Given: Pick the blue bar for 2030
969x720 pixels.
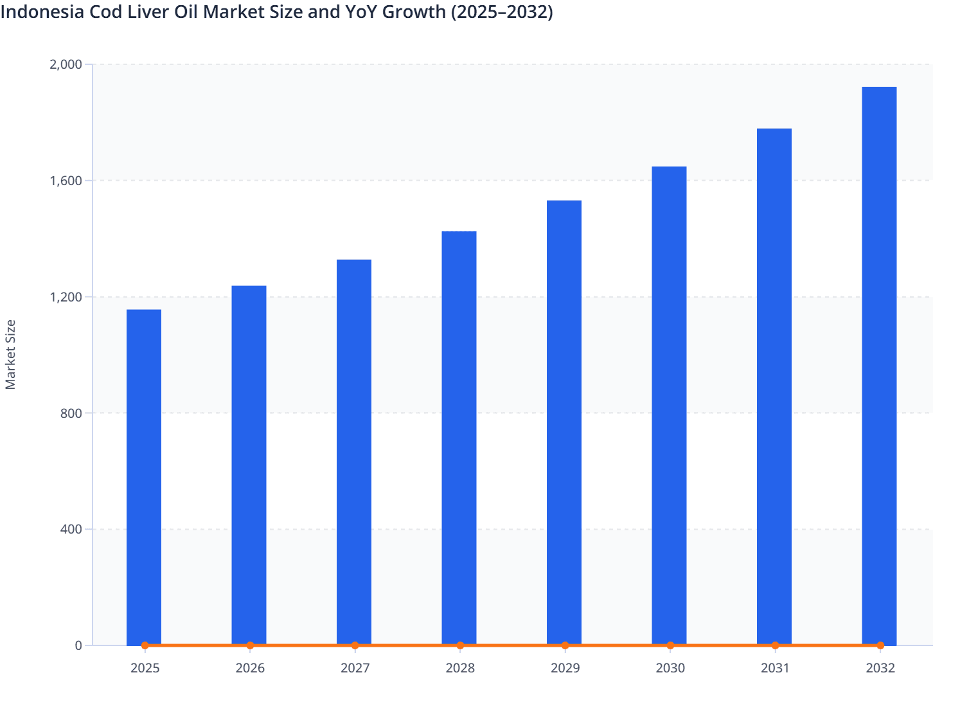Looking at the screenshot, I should pos(669,406).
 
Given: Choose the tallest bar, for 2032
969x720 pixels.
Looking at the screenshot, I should pos(879,366).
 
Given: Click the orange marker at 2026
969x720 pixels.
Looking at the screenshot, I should pos(250,645).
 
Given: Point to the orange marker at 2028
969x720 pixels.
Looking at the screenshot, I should pos(460,645).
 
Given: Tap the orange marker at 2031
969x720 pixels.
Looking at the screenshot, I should pos(775,645).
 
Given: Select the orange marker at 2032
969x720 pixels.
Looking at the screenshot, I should pos(880,645).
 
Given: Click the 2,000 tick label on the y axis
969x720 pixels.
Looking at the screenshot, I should pos(66,64).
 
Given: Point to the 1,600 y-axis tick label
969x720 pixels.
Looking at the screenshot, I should pos(66,181).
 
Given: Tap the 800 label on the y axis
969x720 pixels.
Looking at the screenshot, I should pos(71,413).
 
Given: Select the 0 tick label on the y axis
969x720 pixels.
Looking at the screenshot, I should pos(78,645).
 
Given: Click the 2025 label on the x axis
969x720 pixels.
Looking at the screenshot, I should pos(145,669).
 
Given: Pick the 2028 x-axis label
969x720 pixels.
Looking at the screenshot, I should pos(460,669).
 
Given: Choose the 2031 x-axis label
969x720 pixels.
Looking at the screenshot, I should pos(775,669).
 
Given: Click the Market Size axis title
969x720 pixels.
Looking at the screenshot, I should pos(10,354).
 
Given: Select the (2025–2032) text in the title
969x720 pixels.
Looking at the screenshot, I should pos(502,12).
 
